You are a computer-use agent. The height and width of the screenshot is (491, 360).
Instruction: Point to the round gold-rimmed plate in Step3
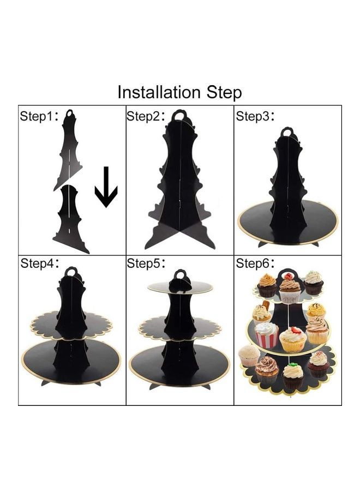288,221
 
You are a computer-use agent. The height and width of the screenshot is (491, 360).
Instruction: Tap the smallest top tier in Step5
181,286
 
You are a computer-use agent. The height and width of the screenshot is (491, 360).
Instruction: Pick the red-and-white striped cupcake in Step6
267,334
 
